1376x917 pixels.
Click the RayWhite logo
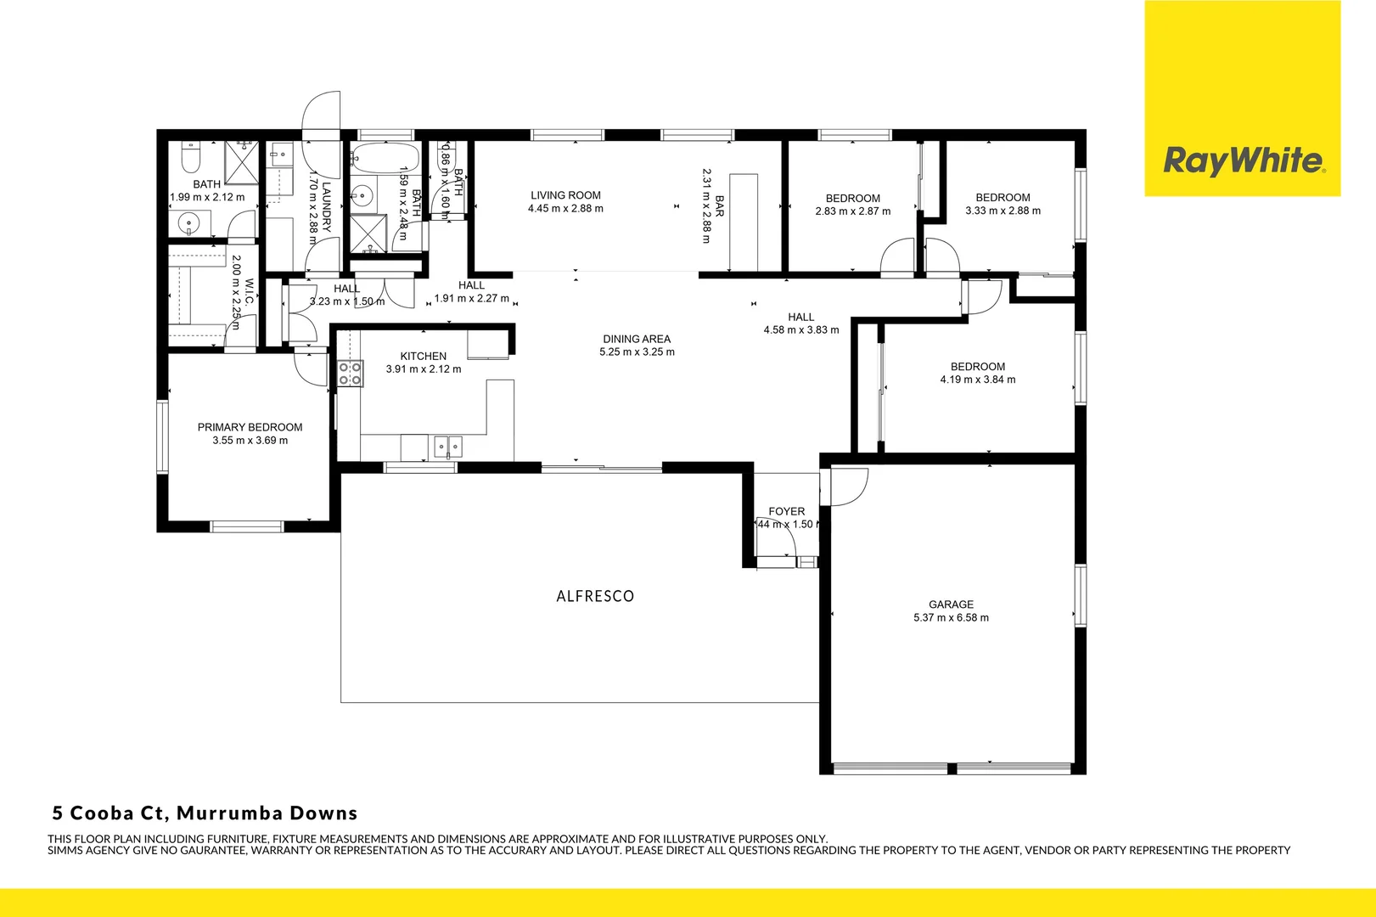pos(1242,160)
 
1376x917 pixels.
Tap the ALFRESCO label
pos(595,596)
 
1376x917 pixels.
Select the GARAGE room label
pos(951,605)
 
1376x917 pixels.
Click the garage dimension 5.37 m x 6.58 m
pos(951,618)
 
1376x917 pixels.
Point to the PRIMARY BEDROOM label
pos(250,427)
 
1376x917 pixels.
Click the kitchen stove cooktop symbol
pos(351,374)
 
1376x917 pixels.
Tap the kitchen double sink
pos(447,447)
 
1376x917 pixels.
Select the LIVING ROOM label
pos(565,195)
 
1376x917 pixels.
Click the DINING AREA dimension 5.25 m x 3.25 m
pos(637,352)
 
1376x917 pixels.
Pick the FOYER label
pos(786,511)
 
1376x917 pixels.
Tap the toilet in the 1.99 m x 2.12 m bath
pos(191,160)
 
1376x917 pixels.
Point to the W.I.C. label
pos(250,293)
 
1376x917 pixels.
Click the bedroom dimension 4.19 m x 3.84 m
pos(977,380)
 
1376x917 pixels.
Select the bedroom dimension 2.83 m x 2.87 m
pos(852,211)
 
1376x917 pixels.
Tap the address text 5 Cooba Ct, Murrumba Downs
pos(205,813)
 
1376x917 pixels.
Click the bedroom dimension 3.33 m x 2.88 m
pos(1003,211)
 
